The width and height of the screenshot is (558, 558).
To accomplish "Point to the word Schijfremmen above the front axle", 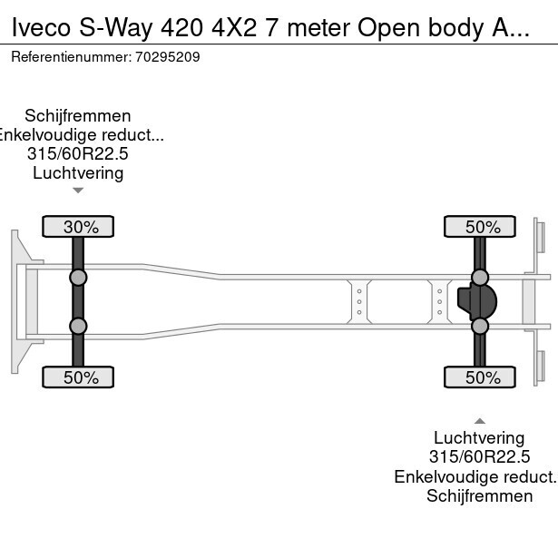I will click(78, 116).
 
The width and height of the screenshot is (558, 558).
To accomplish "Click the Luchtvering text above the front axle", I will click(78, 173).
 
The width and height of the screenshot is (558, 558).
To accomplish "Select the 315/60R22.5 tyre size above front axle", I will click(78, 154).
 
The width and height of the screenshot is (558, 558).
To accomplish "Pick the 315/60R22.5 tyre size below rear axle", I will click(480, 457).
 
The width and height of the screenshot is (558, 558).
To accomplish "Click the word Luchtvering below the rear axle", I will click(480, 438).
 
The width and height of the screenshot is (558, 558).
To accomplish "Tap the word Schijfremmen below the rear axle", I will click(480, 495).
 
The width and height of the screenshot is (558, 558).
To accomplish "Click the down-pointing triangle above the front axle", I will click(78, 191).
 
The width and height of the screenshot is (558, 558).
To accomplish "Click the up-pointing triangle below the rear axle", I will click(480, 420).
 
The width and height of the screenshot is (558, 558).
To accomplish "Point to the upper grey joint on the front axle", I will click(78, 278).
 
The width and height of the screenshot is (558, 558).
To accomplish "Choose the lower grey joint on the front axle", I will click(78, 326).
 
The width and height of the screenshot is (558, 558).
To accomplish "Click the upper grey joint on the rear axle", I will click(480, 278).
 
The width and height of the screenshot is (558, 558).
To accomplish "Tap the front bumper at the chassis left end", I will click(15, 301).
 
